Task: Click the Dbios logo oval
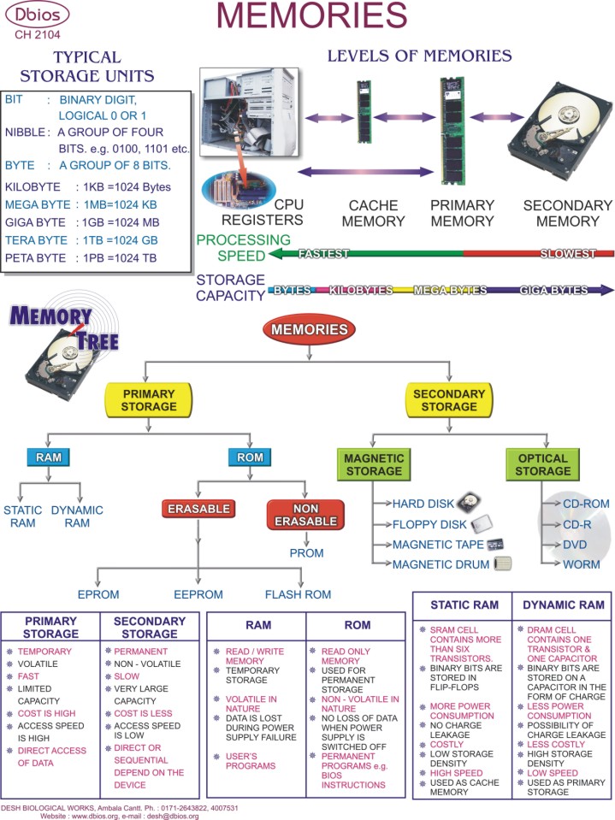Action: click(x=37, y=15)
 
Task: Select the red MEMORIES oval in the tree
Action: click(x=309, y=329)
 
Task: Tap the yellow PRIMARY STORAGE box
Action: click(x=149, y=400)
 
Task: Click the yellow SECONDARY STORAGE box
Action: click(x=449, y=400)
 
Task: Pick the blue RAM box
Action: click(x=49, y=457)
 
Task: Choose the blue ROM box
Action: click(x=250, y=457)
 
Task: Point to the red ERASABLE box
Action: click(x=198, y=509)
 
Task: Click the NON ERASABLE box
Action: click(x=306, y=515)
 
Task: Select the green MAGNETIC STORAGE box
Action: click(x=374, y=464)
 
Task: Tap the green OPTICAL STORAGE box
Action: click(x=543, y=464)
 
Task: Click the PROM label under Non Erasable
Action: click(x=306, y=553)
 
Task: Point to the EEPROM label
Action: click(x=198, y=594)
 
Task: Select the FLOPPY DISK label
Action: click(x=429, y=524)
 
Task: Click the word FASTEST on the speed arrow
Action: click(x=323, y=254)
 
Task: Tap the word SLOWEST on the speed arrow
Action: click(x=567, y=254)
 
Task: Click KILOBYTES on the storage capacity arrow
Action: click(x=361, y=290)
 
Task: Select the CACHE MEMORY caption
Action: click(x=374, y=214)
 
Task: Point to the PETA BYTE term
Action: click(x=36, y=258)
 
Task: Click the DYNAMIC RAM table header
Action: click(x=564, y=605)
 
